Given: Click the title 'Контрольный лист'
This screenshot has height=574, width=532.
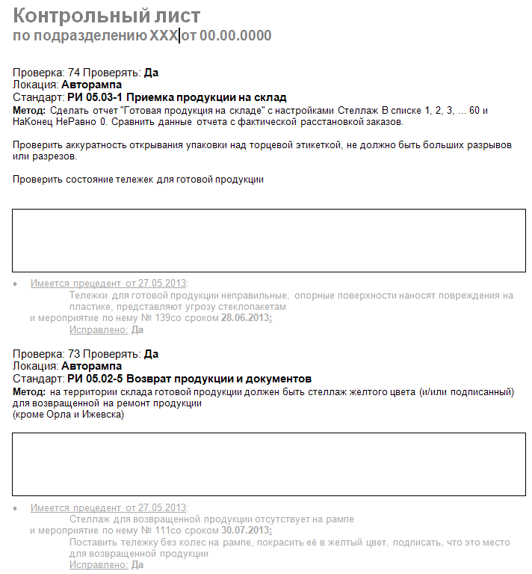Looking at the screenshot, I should [107, 16].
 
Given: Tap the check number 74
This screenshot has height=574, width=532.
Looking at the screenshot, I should [74, 73].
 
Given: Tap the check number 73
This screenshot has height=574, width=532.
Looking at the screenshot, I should [74, 354].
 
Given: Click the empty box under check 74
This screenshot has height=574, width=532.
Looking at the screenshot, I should [269, 240].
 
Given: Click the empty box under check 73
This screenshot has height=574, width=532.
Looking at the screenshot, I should [269, 464].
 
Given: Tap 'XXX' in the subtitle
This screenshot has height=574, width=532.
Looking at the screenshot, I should [164, 36].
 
